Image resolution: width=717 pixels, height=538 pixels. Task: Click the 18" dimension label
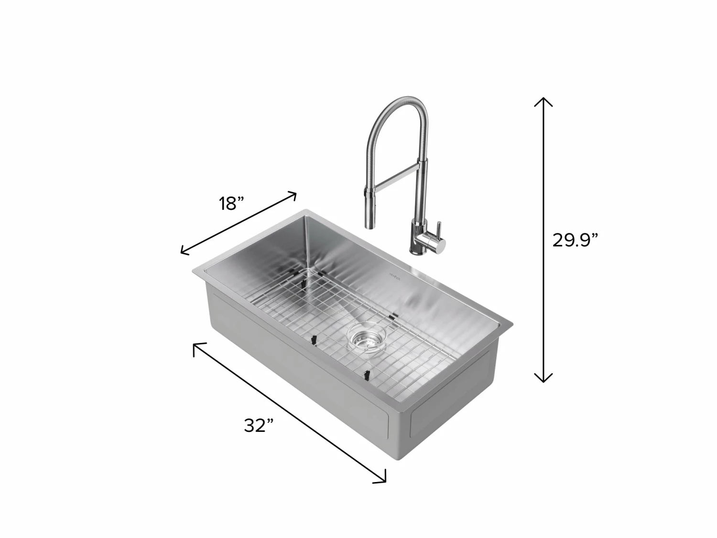232,204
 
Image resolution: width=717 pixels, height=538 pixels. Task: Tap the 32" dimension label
259,425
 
